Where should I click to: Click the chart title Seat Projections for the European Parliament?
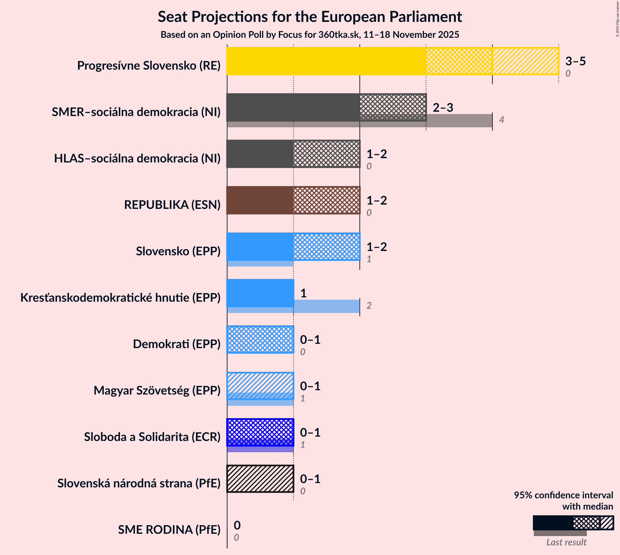(x=310, y=17)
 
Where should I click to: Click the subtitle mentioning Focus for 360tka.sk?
(x=310, y=35)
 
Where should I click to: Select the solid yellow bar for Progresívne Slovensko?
(x=326, y=61)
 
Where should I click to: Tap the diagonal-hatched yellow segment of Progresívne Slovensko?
(x=525, y=61)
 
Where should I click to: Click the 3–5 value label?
(x=575, y=61)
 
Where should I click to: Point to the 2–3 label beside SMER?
(x=443, y=108)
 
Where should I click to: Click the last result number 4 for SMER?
(x=501, y=120)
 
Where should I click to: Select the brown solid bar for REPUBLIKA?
(x=260, y=200)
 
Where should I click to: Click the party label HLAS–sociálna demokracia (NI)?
(x=137, y=158)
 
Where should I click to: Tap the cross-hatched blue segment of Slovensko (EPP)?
(x=326, y=247)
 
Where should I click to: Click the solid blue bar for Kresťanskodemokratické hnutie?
(x=260, y=293)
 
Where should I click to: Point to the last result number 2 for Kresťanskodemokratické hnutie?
(x=369, y=306)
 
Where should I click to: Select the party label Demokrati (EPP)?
(x=176, y=344)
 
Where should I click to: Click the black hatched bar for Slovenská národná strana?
(x=260, y=479)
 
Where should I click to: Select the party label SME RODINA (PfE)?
(x=169, y=530)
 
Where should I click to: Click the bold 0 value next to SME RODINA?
(x=237, y=525)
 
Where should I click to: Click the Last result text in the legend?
(x=566, y=542)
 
